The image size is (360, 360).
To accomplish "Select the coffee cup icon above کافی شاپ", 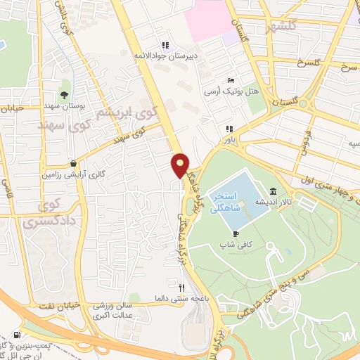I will click(236, 233).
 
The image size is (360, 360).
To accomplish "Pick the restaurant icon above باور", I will click(229, 129).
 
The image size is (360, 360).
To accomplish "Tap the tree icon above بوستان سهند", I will click(64, 94).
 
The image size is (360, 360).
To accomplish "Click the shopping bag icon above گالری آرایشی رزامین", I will click(73, 163).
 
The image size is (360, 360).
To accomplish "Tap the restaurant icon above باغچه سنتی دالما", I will click(181, 288).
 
